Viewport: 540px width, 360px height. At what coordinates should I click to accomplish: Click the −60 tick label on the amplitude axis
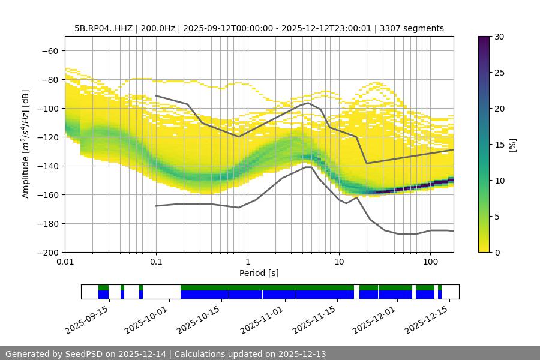point(50,50)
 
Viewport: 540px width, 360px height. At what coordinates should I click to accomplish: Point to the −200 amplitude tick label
point(48,252)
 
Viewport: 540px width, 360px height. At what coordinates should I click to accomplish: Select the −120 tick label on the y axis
point(48,137)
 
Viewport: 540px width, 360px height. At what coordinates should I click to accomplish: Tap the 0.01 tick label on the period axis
point(65,262)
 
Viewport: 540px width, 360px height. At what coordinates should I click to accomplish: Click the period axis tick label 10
point(339,262)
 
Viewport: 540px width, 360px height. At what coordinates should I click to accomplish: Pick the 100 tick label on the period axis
point(430,262)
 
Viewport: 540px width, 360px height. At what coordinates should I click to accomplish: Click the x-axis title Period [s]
point(259,273)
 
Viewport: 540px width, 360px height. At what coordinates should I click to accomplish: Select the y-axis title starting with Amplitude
point(26,144)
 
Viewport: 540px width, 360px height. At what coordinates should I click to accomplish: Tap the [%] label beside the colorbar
point(512,144)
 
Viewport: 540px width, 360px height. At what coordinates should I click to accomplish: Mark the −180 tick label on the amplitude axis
point(48,223)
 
